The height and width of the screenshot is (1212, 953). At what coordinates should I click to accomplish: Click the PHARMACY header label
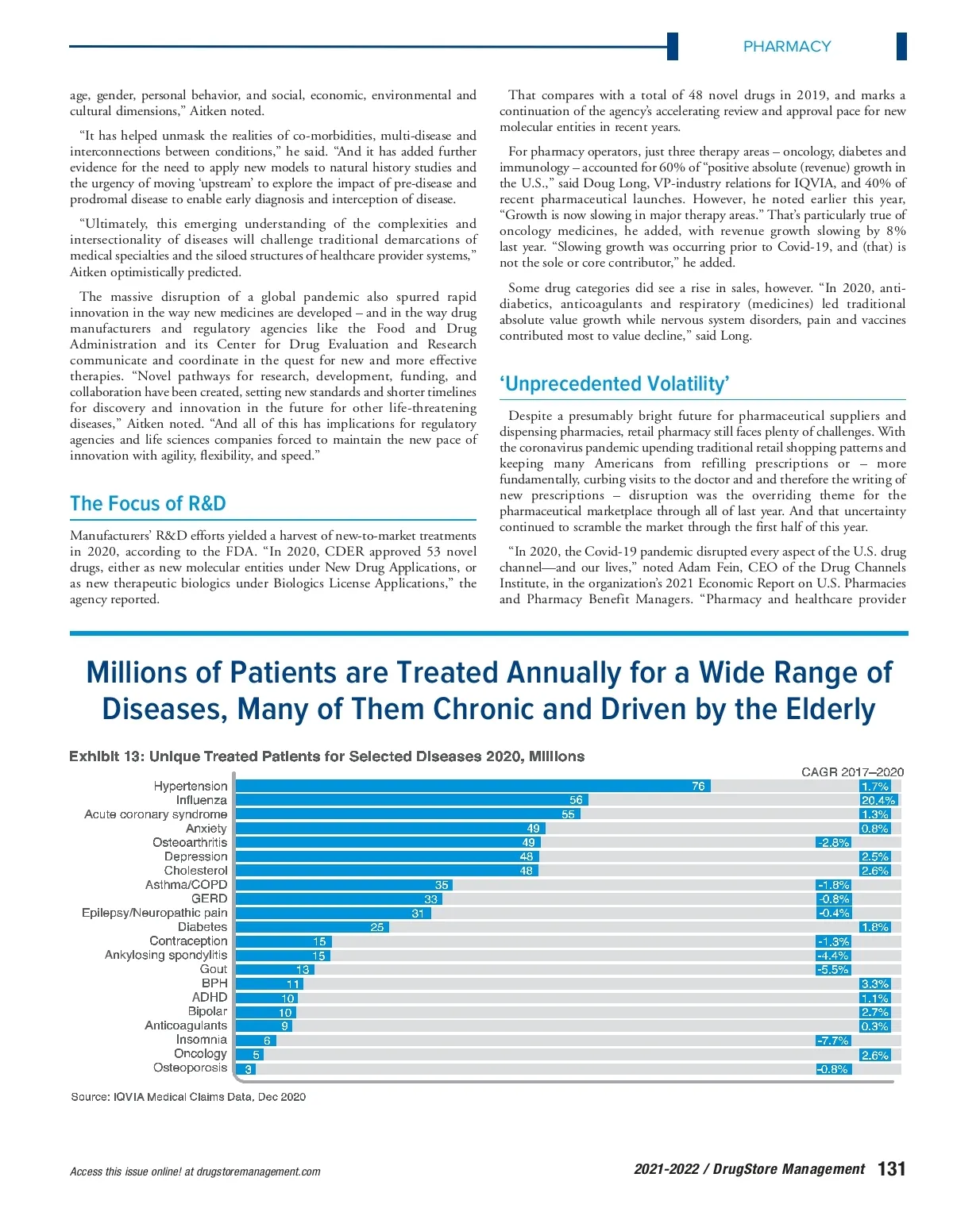point(786,47)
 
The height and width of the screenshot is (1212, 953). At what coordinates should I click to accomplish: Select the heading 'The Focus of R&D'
point(148,504)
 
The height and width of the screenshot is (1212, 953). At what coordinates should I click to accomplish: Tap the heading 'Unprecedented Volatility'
point(614,384)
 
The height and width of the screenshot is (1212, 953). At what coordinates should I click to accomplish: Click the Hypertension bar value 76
point(698,787)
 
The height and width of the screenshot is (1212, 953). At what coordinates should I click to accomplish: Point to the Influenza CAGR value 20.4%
point(878,801)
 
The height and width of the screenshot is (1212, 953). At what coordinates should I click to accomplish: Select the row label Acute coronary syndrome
point(156,814)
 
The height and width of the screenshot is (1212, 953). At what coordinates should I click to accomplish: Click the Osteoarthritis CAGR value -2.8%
point(833,843)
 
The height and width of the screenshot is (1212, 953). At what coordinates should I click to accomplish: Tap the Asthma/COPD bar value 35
point(442,885)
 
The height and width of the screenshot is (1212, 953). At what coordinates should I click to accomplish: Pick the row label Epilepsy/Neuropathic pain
point(154,913)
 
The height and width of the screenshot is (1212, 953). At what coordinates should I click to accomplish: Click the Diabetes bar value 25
point(377,927)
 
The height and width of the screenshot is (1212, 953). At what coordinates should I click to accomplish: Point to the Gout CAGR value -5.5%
point(833,970)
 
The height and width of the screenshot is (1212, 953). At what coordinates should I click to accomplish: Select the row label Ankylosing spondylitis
point(166,955)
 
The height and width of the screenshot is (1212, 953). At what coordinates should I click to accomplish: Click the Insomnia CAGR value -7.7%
point(832,1041)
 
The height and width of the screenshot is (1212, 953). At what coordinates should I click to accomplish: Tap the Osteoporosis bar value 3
point(249,1069)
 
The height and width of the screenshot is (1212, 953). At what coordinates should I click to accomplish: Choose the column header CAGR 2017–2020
point(852,772)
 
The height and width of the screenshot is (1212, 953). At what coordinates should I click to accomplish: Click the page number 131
point(892,1169)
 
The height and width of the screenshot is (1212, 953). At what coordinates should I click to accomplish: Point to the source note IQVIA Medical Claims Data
point(188,1097)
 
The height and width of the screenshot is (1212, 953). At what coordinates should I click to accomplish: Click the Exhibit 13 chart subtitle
point(326,756)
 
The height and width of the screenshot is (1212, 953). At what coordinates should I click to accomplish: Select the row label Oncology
point(200,1054)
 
